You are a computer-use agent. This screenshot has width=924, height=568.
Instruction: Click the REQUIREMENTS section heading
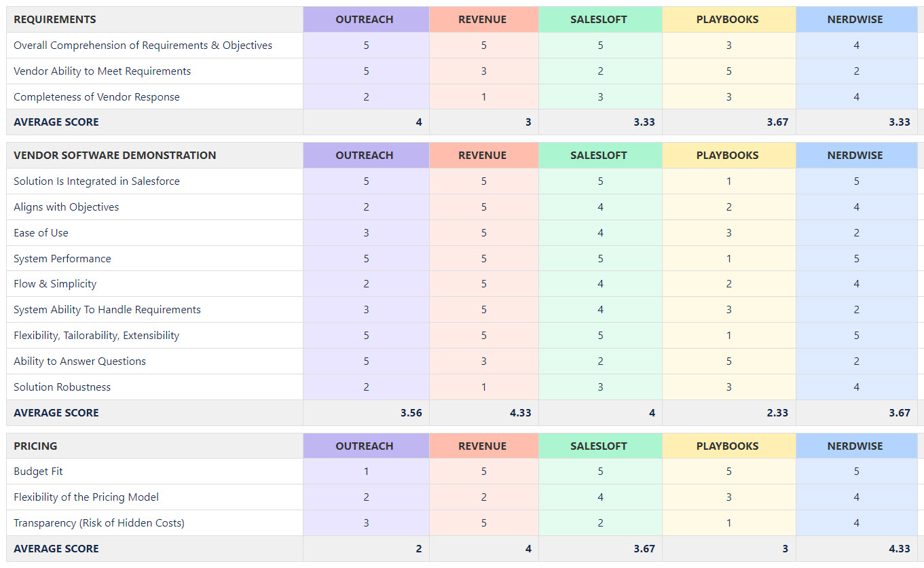pyautogui.click(x=55, y=20)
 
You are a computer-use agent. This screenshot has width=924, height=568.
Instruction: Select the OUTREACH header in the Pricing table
pyautogui.click(x=365, y=446)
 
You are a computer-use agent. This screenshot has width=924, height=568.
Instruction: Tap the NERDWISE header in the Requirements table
pyautogui.click(x=855, y=20)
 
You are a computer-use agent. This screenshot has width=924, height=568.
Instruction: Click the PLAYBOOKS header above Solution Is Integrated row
pyautogui.click(x=727, y=155)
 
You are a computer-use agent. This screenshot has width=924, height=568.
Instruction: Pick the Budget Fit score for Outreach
pyautogui.click(x=366, y=472)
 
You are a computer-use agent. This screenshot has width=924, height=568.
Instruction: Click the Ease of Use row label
pyautogui.click(x=41, y=233)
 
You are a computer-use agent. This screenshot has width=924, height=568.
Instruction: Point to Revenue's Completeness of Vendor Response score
pyautogui.click(x=484, y=97)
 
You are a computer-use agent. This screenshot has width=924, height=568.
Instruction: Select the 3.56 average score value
pyautogui.click(x=411, y=413)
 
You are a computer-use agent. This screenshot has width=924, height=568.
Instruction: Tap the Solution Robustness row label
pyautogui.click(x=62, y=387)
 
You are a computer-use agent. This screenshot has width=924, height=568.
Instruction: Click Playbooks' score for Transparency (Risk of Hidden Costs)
pyautogui.click(x=729, y=523)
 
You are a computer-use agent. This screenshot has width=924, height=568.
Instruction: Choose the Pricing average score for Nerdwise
pyautogui.click(x=900, y=548)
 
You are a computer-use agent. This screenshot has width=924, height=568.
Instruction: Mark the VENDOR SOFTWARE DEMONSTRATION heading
pyautogui.click(x=115, y=155)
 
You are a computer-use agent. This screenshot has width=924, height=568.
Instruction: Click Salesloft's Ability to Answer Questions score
pyautogui.click(x=601, y=361)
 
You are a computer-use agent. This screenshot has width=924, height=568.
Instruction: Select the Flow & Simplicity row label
pyautogui.click(x=55, y=284)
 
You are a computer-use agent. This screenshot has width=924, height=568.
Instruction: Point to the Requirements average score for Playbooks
pyautogui.click(x=777, y=122)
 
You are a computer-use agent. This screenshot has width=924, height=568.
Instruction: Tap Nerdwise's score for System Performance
pyautogui.click(x=856, y=258)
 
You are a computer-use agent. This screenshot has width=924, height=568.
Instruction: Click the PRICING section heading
pyautogui.click(x=35, y=446)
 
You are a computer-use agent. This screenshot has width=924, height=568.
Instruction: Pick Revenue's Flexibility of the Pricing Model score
pyautogui.click(x=484, y=497)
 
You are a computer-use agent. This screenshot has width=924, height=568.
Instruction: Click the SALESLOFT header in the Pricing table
pyautogui.click(x=599, y=446)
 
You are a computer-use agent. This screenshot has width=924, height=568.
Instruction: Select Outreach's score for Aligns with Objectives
pyautogui.click(x=366, y=207)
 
